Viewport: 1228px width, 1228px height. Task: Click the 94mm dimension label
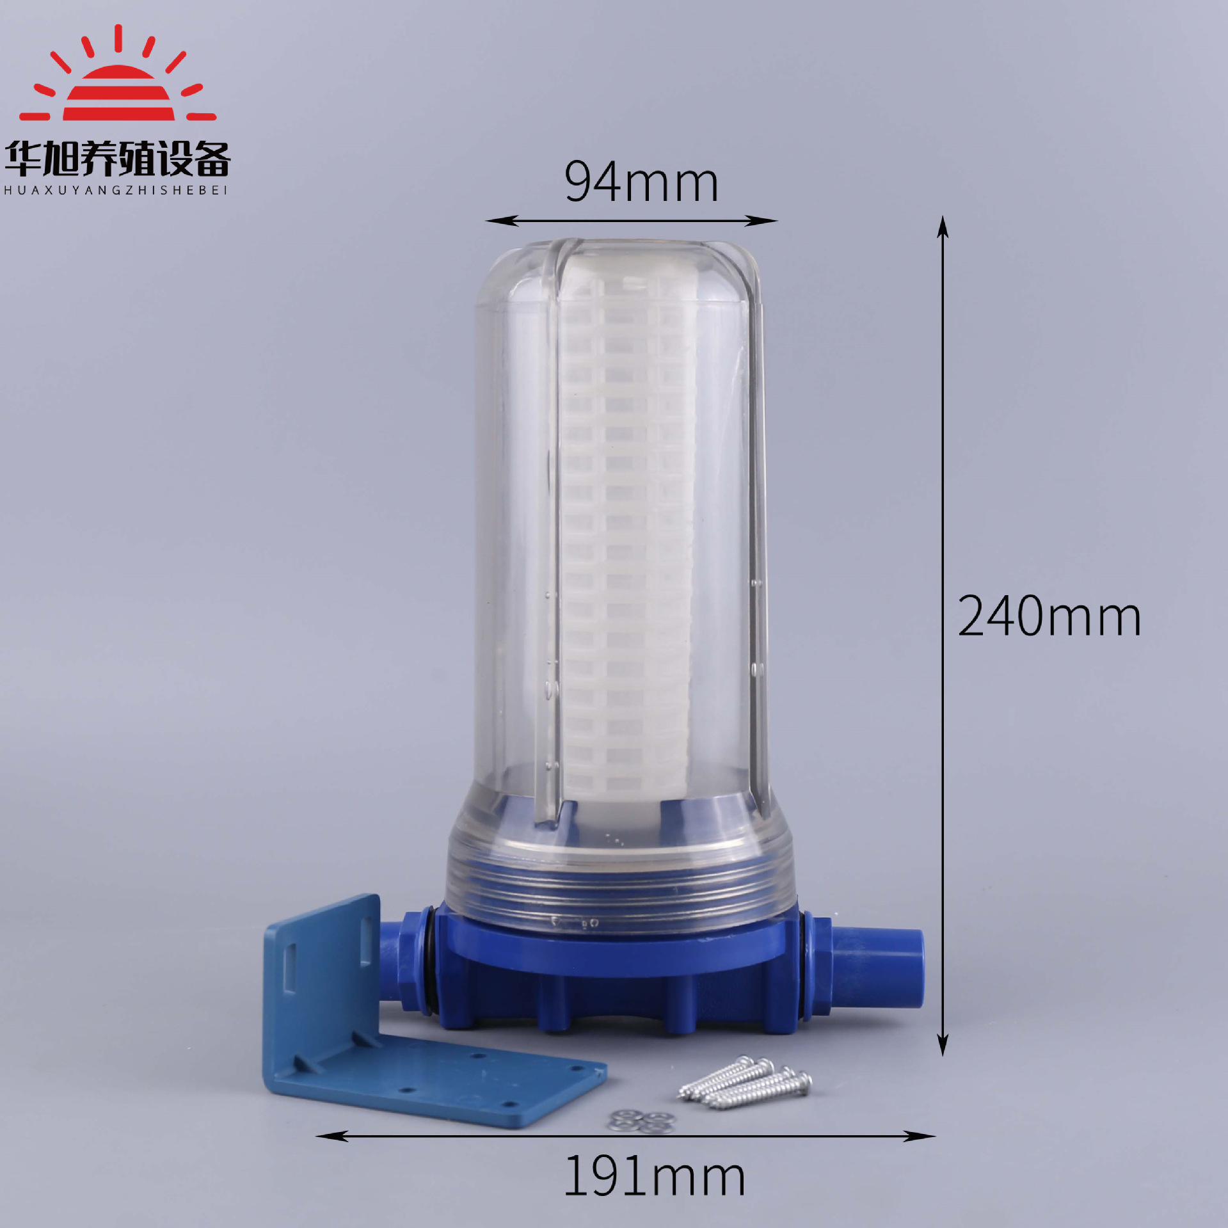(x=641, y=182)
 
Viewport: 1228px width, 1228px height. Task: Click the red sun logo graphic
(x=118, y=83)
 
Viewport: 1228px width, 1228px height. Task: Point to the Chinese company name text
(x=117, y=159)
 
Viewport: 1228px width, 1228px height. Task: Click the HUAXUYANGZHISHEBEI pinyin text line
(x=116, y=190)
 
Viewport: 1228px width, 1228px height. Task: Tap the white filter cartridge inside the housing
(x=624, y=538)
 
